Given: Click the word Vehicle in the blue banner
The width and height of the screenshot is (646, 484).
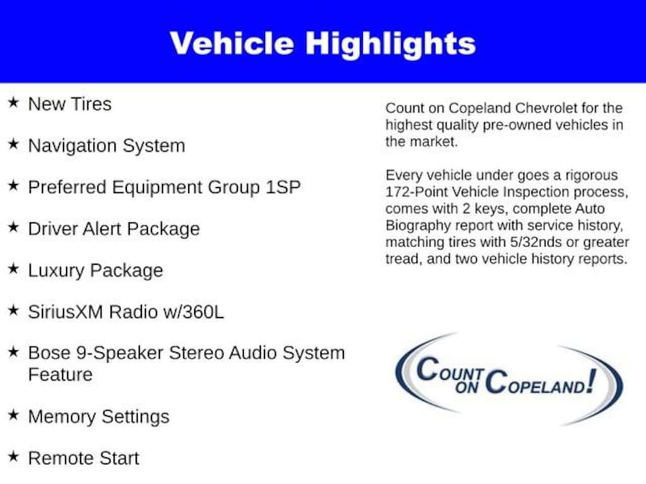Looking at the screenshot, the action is pos(232,43).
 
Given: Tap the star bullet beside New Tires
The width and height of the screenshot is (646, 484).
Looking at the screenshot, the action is pos(14,102).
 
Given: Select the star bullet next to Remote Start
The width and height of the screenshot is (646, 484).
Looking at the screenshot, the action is pos(14,456).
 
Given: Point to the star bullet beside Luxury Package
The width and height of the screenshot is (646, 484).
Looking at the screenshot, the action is pos(14,268).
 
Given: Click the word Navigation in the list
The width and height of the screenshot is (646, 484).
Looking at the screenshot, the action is pos(72,146).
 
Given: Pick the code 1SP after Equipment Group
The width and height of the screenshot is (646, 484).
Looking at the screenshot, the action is pos(283,187).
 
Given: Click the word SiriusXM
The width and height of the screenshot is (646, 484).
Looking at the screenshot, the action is pos(66,312).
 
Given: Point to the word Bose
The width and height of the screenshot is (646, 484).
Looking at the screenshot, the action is pos(49,353).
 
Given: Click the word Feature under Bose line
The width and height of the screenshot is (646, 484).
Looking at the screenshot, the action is pos(60,374).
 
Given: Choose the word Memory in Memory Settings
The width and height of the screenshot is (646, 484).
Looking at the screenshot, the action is pos(62,417).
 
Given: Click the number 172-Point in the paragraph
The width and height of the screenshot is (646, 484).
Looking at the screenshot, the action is pos(416,192).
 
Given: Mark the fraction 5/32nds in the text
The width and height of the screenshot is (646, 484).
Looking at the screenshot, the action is pos(536,242).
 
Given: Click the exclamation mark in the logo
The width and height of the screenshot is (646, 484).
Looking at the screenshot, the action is pos(592,381).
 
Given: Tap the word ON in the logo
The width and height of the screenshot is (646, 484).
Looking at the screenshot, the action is pos(466,387).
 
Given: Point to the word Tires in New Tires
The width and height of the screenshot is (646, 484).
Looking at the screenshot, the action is pos(91,104).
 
